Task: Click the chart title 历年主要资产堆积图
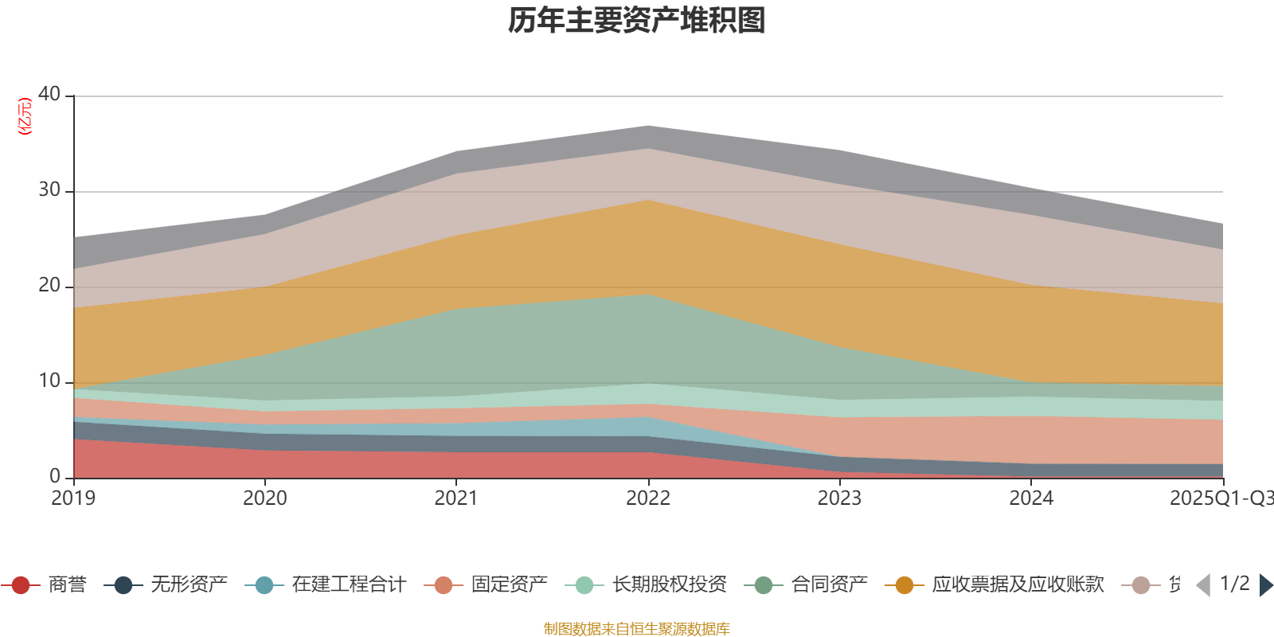click(x=637, y=21)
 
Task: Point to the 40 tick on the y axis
click(x=49, y=94)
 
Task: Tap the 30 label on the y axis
click(x=49, y=190)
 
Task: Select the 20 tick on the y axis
click(x=49, y=285)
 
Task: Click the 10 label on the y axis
click(x=49, y=381)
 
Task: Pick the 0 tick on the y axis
click(x=55, y=476)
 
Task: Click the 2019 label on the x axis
click(x=73, y=498)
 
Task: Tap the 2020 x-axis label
click(x=264, y=498)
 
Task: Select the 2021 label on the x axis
click(x=455, y=498)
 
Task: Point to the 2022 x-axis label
click(x=647, y=498)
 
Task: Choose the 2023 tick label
click(x=839, y=498)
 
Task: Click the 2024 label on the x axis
click(x=1031, y=498)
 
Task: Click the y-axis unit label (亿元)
click(x=25, y=116)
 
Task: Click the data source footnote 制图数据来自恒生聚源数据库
click(x=636, y=629)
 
